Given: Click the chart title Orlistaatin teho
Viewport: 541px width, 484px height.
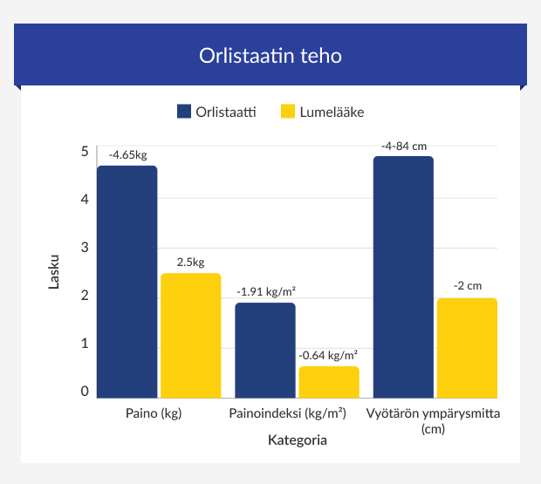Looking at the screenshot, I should tap(270, 56).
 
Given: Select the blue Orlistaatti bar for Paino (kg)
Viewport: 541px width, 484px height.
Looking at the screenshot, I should tap(127, 282).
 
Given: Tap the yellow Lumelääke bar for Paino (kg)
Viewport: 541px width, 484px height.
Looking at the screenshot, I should tap(190, 336).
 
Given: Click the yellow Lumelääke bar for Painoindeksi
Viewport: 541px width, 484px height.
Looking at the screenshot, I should tap(328, 382).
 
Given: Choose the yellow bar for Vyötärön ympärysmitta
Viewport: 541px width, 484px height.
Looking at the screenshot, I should tap(467, 348).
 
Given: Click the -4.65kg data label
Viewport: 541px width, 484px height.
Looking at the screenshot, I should tap(127, 155).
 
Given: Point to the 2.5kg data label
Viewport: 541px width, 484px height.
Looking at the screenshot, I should tap(190, 262).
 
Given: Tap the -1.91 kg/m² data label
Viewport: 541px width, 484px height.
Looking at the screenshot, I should tap(265, 291).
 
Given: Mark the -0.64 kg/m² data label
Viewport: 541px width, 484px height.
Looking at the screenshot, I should tap(328, 355).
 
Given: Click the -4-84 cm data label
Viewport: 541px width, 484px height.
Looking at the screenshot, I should tap(403, 146).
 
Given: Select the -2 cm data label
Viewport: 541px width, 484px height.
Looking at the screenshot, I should tap(467, 286).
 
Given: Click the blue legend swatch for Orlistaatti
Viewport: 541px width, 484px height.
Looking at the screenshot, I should tap(183, 112).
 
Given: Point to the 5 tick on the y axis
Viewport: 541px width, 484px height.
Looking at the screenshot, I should tap(85, 151).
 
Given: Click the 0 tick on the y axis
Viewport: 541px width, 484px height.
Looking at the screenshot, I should tap(85, 392).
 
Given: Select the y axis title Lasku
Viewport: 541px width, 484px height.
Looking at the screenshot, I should tap(54, 271).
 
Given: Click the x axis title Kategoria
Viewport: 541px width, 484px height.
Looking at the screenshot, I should tap(297, 440).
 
